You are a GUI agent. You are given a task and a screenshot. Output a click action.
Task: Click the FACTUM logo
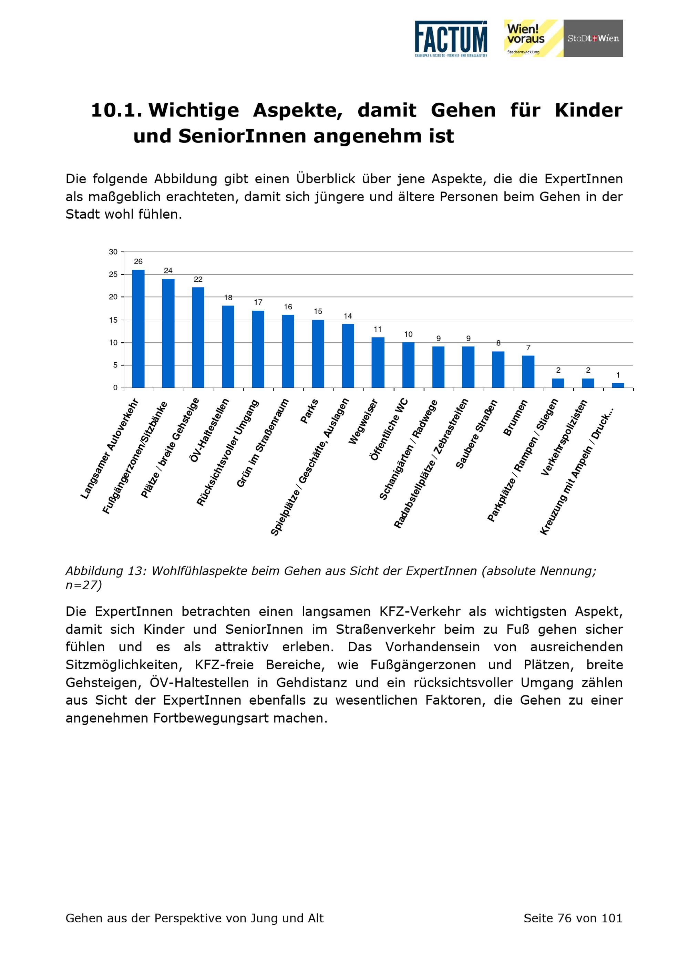pos(451,39)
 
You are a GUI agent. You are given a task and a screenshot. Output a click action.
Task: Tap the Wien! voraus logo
pos(533,38)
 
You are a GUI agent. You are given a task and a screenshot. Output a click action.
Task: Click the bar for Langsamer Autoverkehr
pos(138,329)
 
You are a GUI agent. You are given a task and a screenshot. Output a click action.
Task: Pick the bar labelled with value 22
pos(198,338)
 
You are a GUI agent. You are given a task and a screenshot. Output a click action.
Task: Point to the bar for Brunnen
pos(528,372)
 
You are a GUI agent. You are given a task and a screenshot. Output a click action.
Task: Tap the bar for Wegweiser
pos(378,363)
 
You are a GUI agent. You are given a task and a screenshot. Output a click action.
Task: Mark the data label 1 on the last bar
pos(618,375)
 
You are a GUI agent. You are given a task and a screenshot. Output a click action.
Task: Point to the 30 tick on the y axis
pos(113,252)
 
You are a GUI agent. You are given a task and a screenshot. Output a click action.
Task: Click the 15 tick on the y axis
pos(113,320)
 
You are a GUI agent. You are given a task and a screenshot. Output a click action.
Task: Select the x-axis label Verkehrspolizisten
pos(565,437)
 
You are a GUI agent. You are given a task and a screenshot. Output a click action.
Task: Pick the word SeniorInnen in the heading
pos(242,136)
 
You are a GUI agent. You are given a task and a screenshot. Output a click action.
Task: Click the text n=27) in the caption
pos(84,586)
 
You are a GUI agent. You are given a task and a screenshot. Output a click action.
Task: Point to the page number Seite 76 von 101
pos(573,919)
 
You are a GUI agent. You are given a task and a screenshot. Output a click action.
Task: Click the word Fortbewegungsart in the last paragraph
pos(211,718)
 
